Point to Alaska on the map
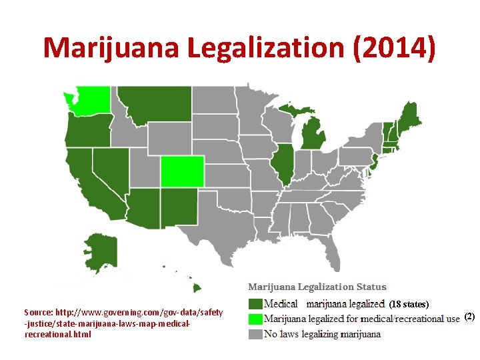[100, 251]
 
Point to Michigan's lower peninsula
[312, 134]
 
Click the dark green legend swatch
[255, 304]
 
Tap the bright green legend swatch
[255, 319]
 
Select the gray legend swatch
[255, 333]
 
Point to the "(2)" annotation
[469, 317]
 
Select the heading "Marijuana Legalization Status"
[317, 287]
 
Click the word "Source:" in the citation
[39, 312]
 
